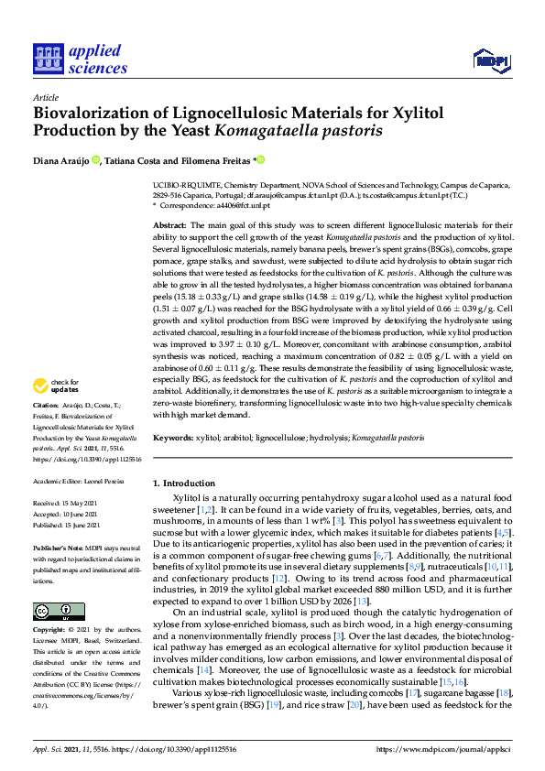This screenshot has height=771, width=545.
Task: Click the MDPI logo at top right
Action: (x=490, y=60)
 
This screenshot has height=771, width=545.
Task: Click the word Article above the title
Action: (x=45, y=96)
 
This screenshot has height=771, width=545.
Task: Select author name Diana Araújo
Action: (x=60, y=161)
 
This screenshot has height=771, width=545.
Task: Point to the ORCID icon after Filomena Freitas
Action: (x=260, y=160)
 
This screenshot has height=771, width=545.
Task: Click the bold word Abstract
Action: (x=169, y=224)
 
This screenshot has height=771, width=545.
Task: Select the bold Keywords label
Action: (x=174, y=439)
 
